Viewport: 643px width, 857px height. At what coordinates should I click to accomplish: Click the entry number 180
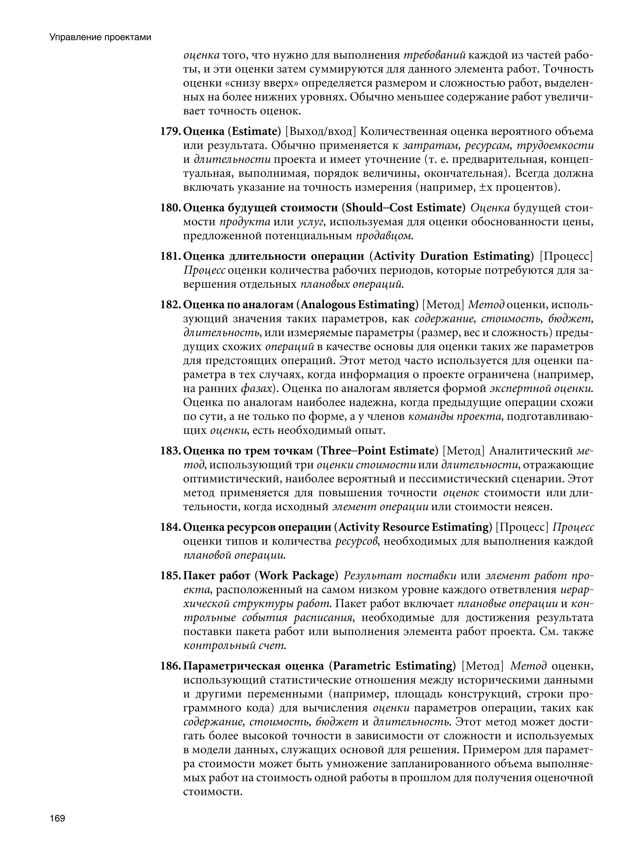[170, 208]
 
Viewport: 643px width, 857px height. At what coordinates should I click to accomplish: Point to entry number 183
[170, 450]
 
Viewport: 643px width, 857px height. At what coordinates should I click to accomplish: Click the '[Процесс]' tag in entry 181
[566, 256]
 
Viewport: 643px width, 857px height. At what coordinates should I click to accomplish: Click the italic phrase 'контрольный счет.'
[235, 645]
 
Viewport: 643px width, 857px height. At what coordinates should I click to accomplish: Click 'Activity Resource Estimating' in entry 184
[413, 527]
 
